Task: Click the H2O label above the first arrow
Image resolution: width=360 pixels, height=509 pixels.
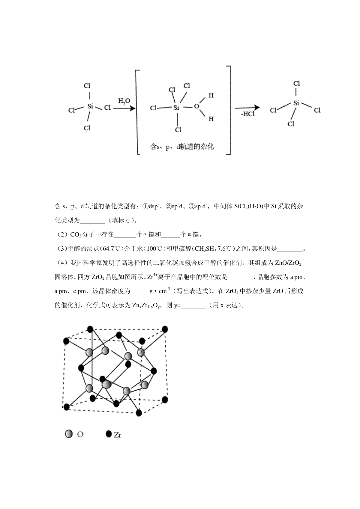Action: pyautogui.click(x=124, y=101)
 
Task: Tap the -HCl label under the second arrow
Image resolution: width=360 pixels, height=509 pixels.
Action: pyautogui.click(x=248, y=114)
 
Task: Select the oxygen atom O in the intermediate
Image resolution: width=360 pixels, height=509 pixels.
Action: pyautogui.click(x=196, y=106)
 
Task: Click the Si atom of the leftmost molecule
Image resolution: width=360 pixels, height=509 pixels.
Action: pyautogui.click(x=90, y=106)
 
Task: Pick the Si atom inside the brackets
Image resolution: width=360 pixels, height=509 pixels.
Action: pyautogui.click(x=176, y=108)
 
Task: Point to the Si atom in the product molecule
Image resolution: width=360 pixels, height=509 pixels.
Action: pyautogui.click(x=296, y=103)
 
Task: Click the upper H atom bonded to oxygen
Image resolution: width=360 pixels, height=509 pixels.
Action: pyautogui.click(x=211, y=96)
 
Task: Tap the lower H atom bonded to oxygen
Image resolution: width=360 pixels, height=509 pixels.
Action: pyautogui.click(x=211, y=119)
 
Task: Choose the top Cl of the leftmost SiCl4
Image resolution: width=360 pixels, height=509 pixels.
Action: pyautogui.click(x=87, y=86)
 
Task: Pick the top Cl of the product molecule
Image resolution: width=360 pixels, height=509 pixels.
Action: pyautogui.click(x=297, y=83)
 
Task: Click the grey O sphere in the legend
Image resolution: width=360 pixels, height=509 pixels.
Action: pyautogui.click(x=69, y=434)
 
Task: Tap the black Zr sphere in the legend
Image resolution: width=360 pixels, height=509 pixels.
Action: pyautogui.click(x=109, y=434)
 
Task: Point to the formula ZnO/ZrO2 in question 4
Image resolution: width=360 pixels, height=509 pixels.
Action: pyautogui.click(x=288, y=263)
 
